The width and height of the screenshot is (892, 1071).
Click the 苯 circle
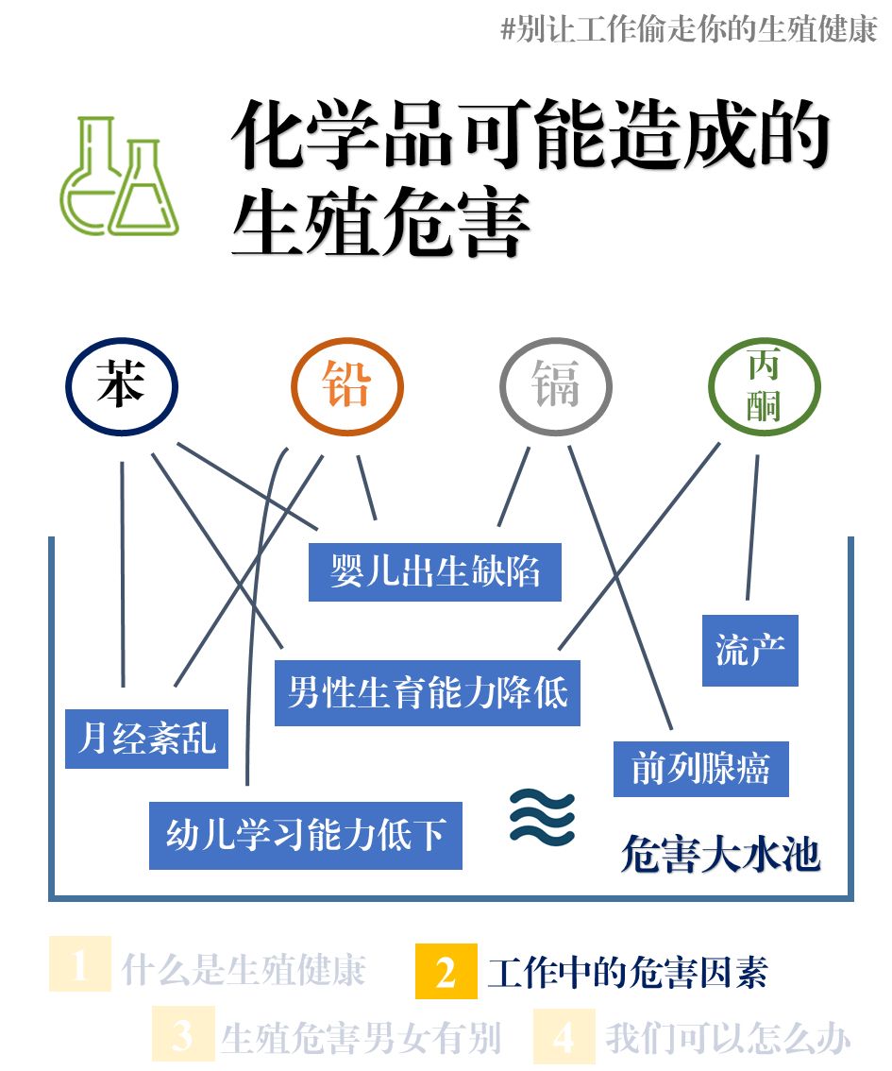(x=122, y=386)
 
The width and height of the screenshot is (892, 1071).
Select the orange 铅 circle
(x=346, y=386)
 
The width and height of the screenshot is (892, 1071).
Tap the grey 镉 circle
(x=555, y=386)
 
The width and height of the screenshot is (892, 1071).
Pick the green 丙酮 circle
(x=764, y=386)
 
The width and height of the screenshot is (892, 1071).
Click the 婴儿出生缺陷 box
(x=435, y=572)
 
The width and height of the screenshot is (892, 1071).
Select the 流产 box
(x=749, y=651)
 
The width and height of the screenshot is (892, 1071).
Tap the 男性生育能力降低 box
(x=427, y=693)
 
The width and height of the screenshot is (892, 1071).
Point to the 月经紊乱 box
(x=147, y=738)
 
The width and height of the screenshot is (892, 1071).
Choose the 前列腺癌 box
(x=700, y=769)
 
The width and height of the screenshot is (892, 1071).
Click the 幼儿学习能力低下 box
(x=306, y=836)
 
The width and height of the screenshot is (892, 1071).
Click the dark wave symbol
(x=542, y=815)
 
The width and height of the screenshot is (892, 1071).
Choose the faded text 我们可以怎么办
(x=727, y=1038)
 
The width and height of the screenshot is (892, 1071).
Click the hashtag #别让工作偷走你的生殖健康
(x=688, y=29)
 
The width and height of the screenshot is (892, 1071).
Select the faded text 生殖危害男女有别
(x=360, y=1038)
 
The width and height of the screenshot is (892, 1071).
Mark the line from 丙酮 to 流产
(x=752, y=529)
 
